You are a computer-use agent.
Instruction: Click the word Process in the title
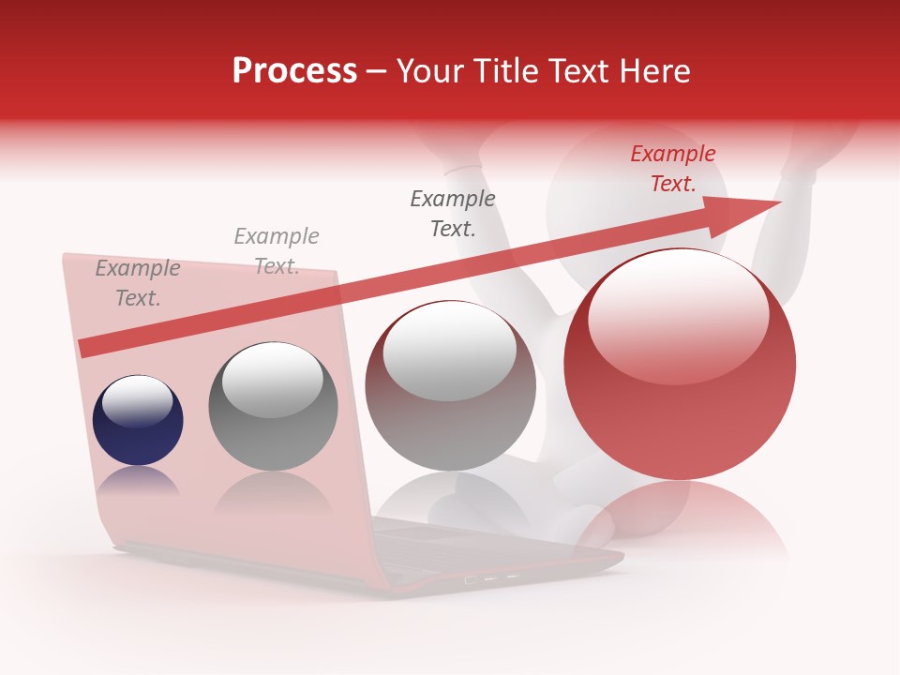(x=294, y=71)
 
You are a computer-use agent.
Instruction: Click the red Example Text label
(x=672, y=169)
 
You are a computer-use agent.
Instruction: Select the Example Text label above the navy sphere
(x=138, y=283)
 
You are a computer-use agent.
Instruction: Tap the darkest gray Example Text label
(x=453, y=214)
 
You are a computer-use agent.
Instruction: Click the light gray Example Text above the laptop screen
(x=277, y=251)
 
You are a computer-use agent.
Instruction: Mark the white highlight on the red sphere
(x=678, y=314)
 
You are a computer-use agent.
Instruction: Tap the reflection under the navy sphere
(x=138, y=483)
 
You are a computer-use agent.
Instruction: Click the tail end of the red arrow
(x=89, y=347)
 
